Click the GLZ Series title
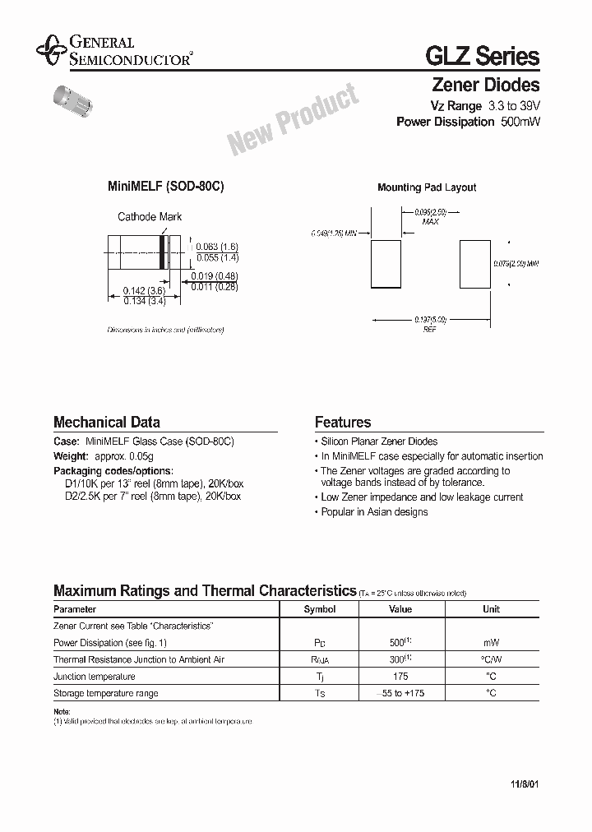pyautogui.click(x=482, y=56)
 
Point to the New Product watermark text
pyautogui.click(x=294, y=120)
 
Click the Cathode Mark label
pyautogui.click(x=150, y=217)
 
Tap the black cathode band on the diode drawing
pyautogui.click(x=163, y=252)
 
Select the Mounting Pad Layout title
pyautogui.click(x=427, y=187)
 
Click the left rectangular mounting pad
pyautogui.click(x=386, y=263)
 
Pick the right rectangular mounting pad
pyautogui.click(x=474, y=263)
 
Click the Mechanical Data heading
pyautogui.click(x=106, y=423)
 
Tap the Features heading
pyautogui.click(x=343, y=423)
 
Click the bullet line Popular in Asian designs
pyautogui.click(x=374, y=512)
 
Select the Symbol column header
pyautogui.click(x=320, y=609)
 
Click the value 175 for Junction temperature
pyautogui.click(x=400, y=677)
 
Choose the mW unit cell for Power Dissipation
pyautogui.click(x=491, y=643)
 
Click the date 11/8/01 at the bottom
pyautogui.click(x=523, y=784)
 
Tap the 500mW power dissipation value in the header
pyautogui.click(x=520, y=122)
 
